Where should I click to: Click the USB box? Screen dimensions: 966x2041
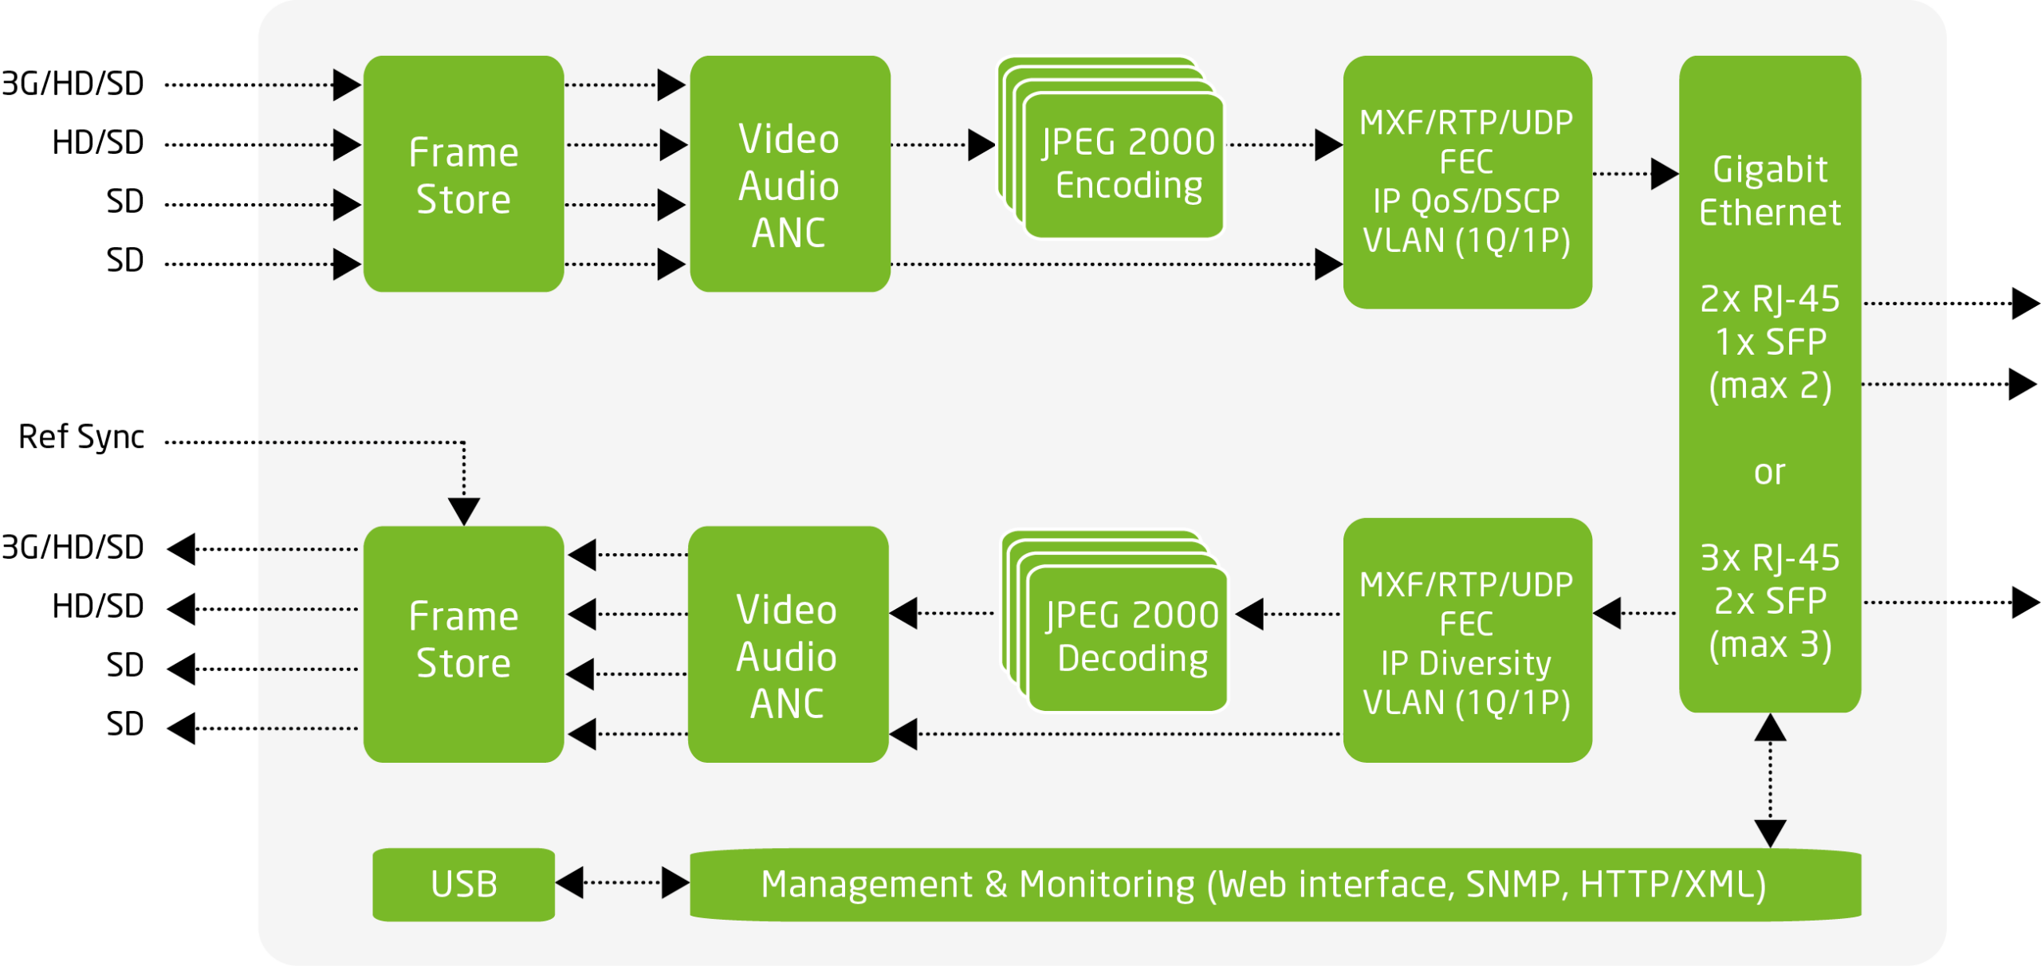point(463,884)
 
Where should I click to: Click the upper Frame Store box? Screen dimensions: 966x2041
point(463,175)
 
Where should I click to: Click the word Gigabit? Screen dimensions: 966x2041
point(1769,170)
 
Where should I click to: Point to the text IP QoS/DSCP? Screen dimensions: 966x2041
point(1466,201)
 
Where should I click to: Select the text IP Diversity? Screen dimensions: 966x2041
point(1466,663)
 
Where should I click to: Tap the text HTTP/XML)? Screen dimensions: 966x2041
point(1673,885)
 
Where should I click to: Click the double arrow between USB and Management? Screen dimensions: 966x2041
point(622,882)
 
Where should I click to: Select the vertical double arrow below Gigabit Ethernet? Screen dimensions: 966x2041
point(1770,779)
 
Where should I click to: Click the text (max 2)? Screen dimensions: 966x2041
point(1769,387)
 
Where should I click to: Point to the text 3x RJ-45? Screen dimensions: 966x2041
point(1769,558)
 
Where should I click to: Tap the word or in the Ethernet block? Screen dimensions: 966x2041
point(1769,473)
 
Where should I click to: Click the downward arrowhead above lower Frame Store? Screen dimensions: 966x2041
point(464,510)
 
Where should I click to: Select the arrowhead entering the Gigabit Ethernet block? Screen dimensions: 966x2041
point(1664,174)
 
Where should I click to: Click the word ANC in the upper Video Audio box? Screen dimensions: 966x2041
point(788,234)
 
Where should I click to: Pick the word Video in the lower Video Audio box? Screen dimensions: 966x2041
point(786,611)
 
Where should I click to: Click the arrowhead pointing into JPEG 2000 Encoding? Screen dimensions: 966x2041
point(981,145)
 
